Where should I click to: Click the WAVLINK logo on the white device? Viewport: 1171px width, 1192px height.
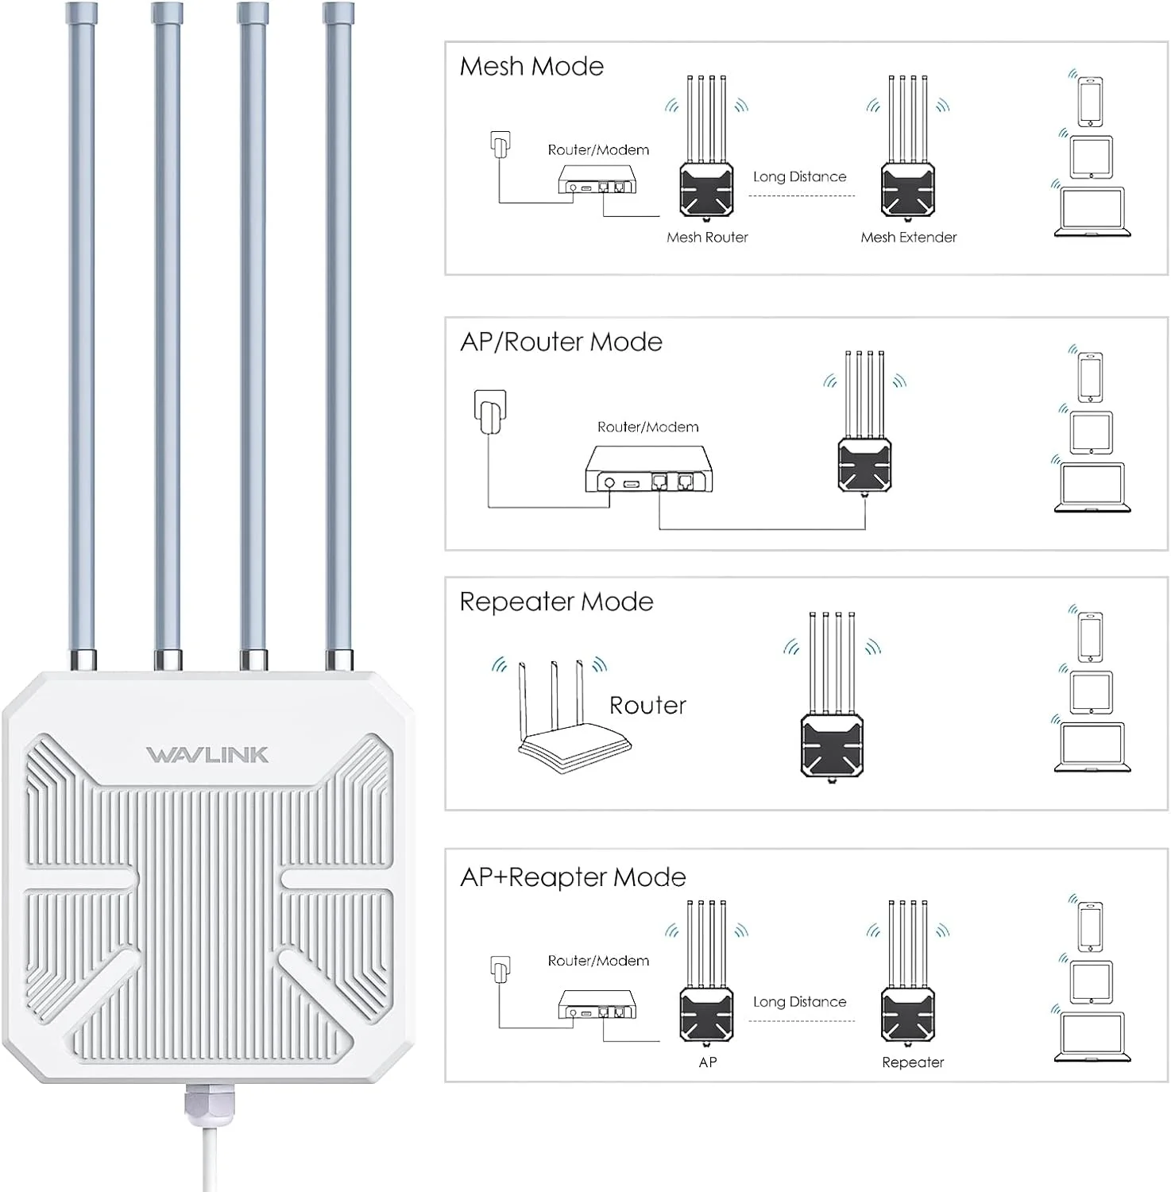pos(207,754)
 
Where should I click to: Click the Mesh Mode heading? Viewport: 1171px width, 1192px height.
pos(531,66)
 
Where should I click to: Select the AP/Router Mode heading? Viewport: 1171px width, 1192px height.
pos(561,342)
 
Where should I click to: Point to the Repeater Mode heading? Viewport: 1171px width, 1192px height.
pos(556,602)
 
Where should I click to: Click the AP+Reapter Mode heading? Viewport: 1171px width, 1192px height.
pos(573,877)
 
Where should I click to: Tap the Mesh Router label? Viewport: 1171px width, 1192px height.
pos(707,237)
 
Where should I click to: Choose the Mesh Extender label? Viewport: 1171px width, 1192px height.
pos(908,237)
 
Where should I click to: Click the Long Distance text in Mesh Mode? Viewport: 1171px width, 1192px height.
pos(799,176)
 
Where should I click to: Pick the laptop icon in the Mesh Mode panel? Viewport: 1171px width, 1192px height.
pos(1092,212)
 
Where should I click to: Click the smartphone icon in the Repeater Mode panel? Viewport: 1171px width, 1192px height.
pos(1090,637)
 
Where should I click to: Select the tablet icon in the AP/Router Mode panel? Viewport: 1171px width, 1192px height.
pos(1091,432)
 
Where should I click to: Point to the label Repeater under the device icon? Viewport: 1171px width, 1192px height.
pos(913,1062)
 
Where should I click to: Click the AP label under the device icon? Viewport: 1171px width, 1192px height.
pos(707,1062)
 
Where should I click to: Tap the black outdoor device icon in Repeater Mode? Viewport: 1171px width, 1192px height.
pos(832,743)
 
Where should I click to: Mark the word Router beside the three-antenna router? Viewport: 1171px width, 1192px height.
pos(647,705)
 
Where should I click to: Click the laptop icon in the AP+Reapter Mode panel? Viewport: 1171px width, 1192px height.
pos(1092,1037)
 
